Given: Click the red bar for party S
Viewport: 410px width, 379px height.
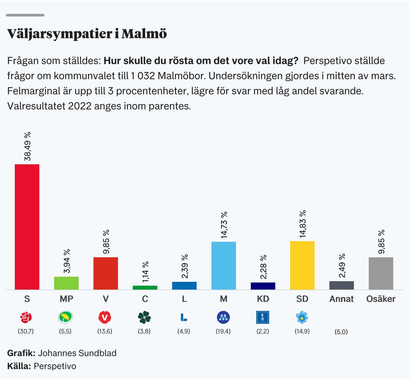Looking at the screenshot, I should click(27, 227).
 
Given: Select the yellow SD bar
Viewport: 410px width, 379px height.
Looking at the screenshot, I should click(302, 265).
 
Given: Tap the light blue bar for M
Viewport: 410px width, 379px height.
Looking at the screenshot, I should click(223, 266).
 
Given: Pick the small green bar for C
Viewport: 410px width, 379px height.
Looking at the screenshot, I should click(145, 288).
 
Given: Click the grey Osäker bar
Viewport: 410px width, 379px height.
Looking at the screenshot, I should click(381, 273).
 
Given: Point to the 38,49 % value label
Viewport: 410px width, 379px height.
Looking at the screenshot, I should click(27, 146).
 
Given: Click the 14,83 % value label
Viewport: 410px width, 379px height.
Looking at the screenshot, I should click(302, 224).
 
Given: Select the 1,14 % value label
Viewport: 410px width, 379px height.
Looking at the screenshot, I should click(145, 272).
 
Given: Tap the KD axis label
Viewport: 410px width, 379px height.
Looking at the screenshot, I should click(263, 299).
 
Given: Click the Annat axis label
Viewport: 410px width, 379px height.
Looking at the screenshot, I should click(341, 299).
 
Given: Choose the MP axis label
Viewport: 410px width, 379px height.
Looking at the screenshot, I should click(66, 299).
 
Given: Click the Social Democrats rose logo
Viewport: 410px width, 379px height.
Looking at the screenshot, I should click(26, 318).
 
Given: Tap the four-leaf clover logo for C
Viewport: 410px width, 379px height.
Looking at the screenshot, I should click(145, 318).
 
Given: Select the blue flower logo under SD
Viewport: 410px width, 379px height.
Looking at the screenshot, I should click(302, 318).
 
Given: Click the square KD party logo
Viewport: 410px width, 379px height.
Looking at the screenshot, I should click(263, 318).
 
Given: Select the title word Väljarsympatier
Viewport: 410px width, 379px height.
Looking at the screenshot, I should click(60, 34).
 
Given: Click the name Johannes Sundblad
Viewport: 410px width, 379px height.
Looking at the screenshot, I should click(77, 353).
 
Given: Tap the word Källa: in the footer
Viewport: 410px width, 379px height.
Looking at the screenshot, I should click(19, 366).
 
